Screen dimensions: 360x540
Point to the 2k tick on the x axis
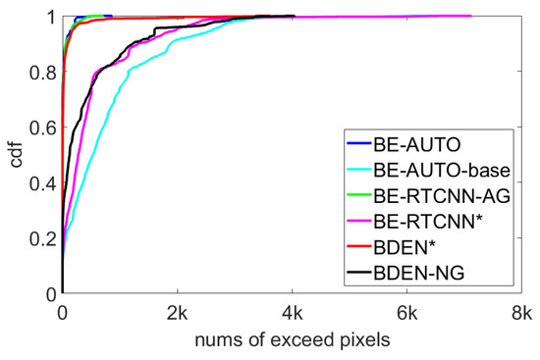[177, 313]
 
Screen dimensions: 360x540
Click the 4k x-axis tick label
[292, 313]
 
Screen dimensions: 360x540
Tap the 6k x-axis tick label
[406, 313]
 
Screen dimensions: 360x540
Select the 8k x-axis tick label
[521, 313]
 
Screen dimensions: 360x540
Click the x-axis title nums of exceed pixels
[292, 339]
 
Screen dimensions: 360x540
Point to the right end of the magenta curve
[471, 16]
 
